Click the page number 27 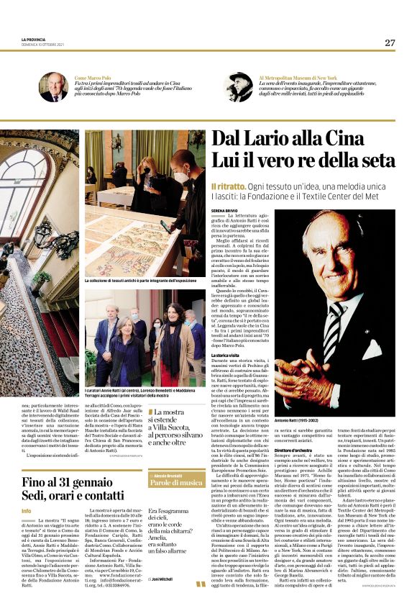click(x=390, y=42)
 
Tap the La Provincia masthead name click(x=32, y=39)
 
